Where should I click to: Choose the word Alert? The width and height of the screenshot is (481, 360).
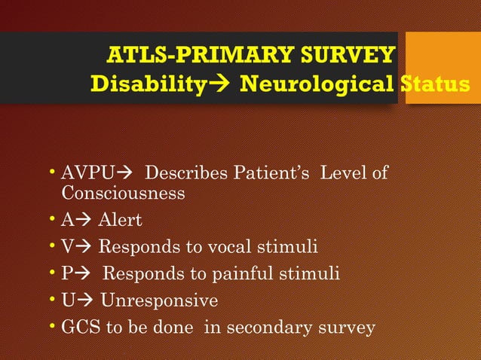(x=120, y=220)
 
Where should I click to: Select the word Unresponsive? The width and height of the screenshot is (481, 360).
(x=159, y=301)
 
